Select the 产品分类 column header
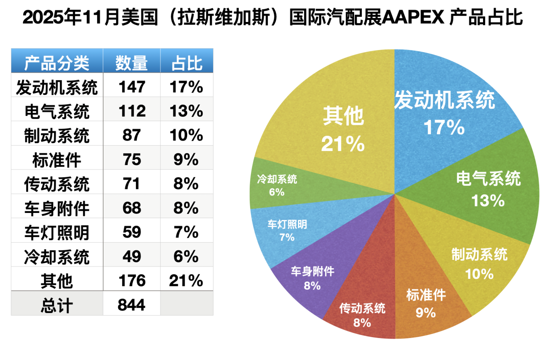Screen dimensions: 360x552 56,63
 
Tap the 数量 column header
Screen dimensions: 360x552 132,63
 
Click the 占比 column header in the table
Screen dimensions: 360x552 187,63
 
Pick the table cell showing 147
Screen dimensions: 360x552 132,87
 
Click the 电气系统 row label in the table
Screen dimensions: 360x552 56,112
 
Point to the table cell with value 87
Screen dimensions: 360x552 132,135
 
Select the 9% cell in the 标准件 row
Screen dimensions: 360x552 187,160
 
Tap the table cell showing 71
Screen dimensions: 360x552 132,184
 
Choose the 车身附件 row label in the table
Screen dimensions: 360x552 56,208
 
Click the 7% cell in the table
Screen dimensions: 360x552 187,232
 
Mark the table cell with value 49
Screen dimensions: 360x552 132,257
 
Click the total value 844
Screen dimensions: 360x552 132,305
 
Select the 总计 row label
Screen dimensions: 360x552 56,305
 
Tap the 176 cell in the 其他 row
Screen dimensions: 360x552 132,281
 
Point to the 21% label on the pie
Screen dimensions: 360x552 343,144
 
